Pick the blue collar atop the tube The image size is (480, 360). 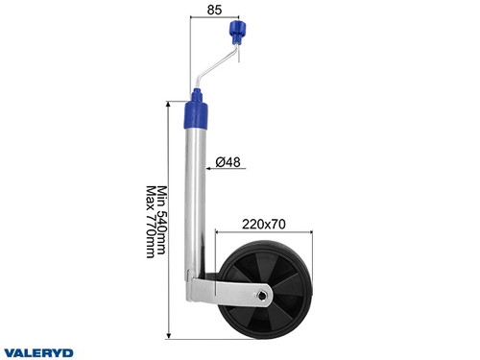coord(198,109)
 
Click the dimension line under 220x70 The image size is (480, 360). coord(265,230)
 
